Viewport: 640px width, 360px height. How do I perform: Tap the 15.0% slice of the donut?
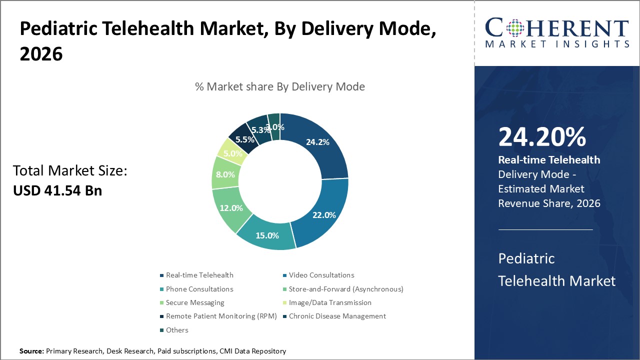[267, 235]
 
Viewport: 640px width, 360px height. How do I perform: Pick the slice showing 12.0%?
[231, 208]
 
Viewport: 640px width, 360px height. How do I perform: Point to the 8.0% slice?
[224, 174]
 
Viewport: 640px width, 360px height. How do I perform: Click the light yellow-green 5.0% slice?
[232, 152]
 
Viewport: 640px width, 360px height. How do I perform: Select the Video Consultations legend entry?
[321, 275]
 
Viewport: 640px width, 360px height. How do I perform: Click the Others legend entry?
[177, 330]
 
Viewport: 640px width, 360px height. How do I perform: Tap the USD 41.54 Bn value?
[57, 190]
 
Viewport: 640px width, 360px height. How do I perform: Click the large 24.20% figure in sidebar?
[542, 137]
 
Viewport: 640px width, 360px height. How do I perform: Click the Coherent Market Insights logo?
[557, 32]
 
